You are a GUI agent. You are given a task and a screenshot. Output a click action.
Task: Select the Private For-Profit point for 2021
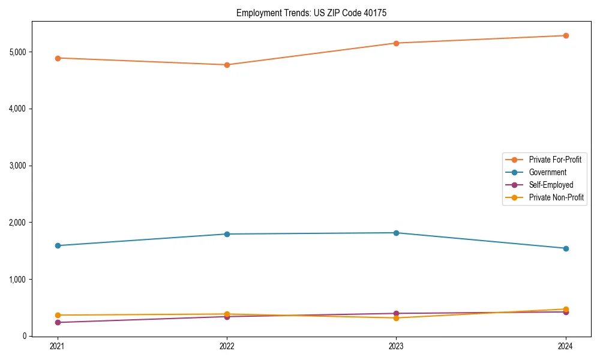[x=58, y=58]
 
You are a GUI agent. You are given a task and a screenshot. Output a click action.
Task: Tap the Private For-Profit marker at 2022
[x=227, y=65]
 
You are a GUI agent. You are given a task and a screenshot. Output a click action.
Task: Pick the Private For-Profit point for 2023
[x=396, y=43]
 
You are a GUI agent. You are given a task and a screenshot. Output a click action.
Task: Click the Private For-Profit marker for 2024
[x=566, y=35]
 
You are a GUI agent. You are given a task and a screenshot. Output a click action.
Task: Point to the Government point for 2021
[x=58, y=245]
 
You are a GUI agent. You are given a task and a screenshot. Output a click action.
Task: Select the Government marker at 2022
[x=227, y=234]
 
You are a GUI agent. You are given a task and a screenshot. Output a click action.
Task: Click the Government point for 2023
[x=396, y=233]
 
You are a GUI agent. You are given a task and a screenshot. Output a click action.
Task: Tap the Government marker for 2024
[x=566, y=248]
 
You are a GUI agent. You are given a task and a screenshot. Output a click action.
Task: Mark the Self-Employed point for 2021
[x=58, y=323]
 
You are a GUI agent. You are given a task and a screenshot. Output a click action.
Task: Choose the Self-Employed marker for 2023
[x=396, y=313]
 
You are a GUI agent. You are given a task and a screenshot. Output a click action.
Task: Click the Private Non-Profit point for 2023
[x=396, y=318]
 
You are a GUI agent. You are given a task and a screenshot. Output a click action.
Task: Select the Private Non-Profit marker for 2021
[x=58, y=315]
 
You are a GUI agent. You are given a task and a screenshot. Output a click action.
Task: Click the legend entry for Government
[x=547, y=172]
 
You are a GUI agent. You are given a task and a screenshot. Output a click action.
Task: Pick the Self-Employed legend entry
[x=551, y=185]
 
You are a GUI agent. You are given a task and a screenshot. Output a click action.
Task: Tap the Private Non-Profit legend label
[x=556, y=197]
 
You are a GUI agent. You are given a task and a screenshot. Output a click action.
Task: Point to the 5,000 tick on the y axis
[x=18, y=52]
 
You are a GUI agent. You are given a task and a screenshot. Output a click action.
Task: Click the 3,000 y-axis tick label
[x=18, y=166]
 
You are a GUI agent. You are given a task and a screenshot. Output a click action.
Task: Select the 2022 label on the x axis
[x=227, y=346]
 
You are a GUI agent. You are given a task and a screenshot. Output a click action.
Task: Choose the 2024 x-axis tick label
[x=566, y=346]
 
